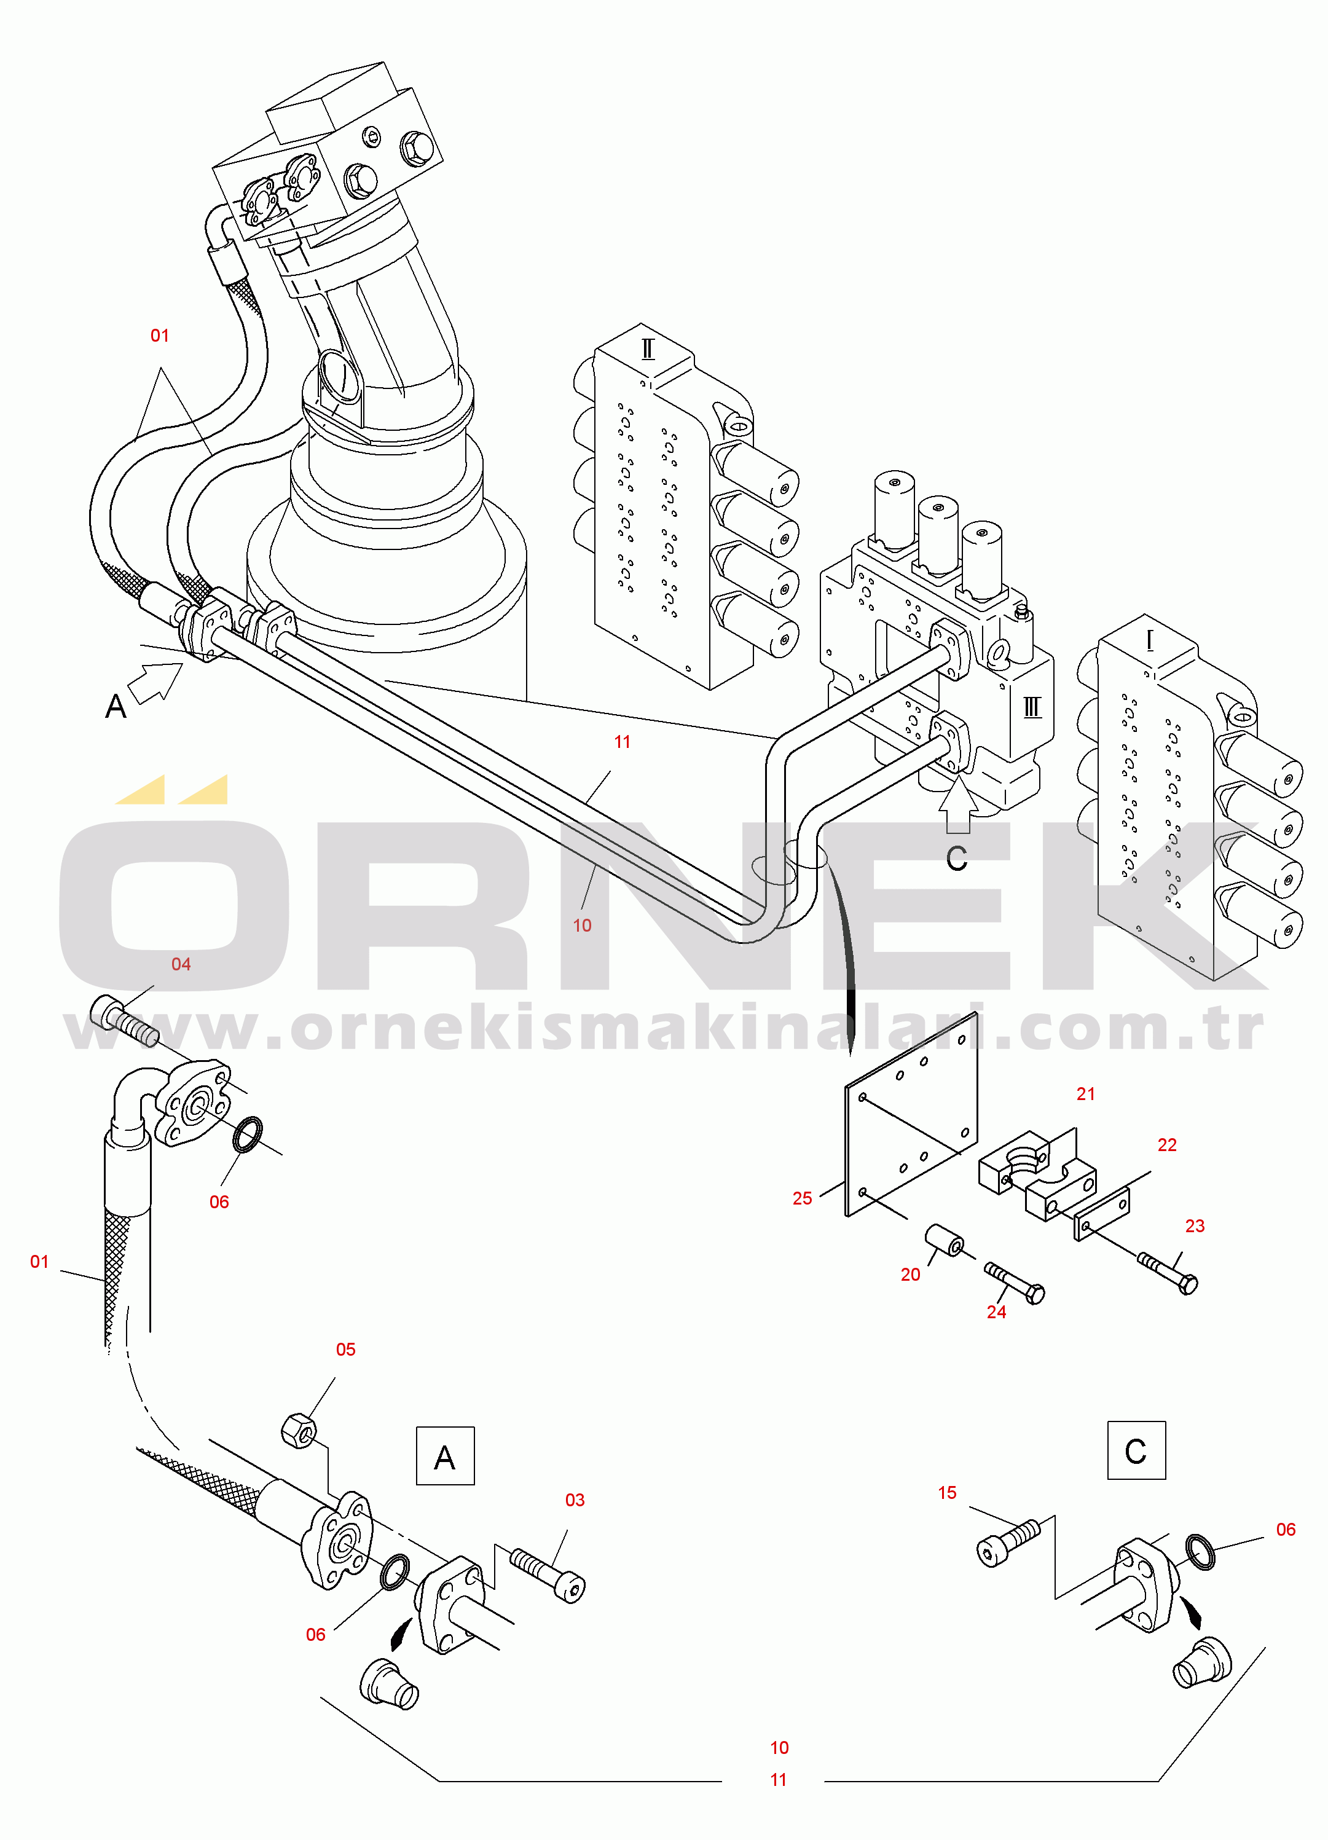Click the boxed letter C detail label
pyautogui.click(x=1136, y=1450)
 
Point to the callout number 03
pyautogui.click(x=575, y=1500)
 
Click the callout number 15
pyautogui.click(x=948, y=1493)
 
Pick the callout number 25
pyautogui.click(x=803, y=1199)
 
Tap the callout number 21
pyautogui.click(x=1085, y=1095)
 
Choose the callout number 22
pyautogui.click(x=1166, y=1145)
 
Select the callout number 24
pyautogui.click(x=996, y=1312)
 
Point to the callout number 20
pyautogui.click(x=910, y=1275)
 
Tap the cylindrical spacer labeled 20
pyautogui.click(x=945, y=1241)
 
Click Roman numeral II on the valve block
pyautogui.click(x=647, y=349)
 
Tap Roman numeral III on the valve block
pyautogui.click(x=1032, y=707)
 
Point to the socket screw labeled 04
pyautogui.click(x=122, y=1018)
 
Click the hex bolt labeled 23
pyautogui.click(x=1169, y=1272)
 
